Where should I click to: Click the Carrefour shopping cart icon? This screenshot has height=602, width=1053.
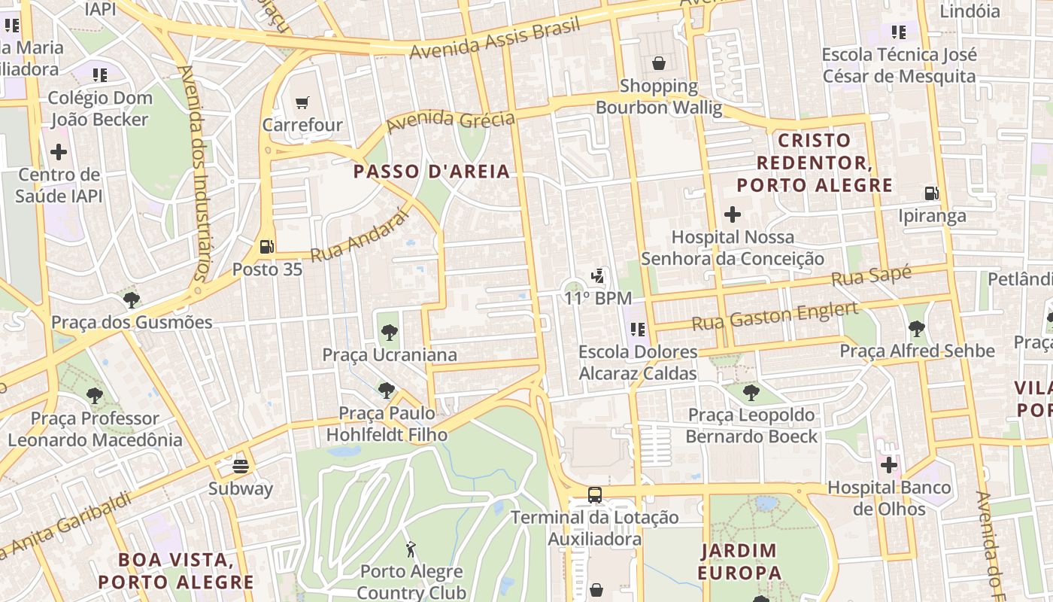pos(302,103)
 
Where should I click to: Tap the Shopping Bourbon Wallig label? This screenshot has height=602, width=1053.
pos(659,97)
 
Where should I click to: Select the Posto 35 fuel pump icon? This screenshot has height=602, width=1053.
pos(266,246)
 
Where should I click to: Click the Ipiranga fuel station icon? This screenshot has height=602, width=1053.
pos(932,193)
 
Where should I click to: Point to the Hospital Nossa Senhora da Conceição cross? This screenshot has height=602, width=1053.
pos(733,214)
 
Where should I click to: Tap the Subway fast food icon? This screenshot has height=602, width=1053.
pos(241,466)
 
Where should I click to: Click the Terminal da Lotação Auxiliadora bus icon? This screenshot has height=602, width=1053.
pos(595,494)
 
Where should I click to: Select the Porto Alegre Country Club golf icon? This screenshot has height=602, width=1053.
pos(411,549)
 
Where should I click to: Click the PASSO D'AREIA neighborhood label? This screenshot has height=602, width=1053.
pos(432,172)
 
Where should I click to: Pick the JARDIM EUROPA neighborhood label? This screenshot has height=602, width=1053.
pos(739,561)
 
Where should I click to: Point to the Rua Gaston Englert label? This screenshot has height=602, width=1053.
pos(775,316)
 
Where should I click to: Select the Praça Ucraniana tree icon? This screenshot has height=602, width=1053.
pos(389,332)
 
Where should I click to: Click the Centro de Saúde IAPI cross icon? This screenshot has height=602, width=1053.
pos(59,152)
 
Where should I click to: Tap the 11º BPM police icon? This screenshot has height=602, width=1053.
pos(598,276)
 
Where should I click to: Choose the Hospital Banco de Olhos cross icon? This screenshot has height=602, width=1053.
pos(889,465)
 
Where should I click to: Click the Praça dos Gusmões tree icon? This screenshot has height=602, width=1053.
pos(132,300)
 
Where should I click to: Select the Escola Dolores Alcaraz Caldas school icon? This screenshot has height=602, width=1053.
pos(638,329)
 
